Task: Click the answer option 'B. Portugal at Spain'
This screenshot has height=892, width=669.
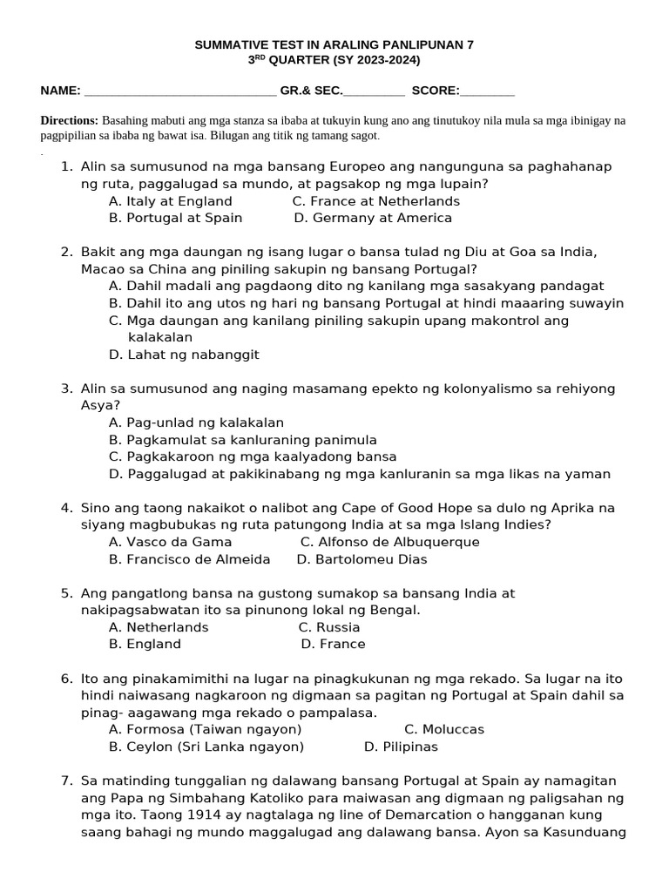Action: pyautogui.click(x=175, y=218)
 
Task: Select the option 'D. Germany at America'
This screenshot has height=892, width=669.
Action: pyautogui.click(x=373, y=218)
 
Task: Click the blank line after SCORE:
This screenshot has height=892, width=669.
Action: pyautogui.click(x=487, y=91)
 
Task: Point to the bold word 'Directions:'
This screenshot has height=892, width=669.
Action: pyautogui.click(x=70, y=120)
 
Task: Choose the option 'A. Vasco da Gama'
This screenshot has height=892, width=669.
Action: pyautogui.click(x=170, y=542)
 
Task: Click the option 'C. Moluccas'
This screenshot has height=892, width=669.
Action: pyautogui.click(x=444, y=729)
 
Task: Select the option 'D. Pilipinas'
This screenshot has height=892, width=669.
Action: pyautogui.click(x=401, y=747)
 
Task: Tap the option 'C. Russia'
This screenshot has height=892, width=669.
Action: pyautogui.click(x=328, y=627)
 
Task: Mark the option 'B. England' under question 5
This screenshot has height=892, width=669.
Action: pyautogui.click(x=145, y=644)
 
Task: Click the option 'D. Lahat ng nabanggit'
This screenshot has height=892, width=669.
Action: pyautogui.click(x=184, y=355)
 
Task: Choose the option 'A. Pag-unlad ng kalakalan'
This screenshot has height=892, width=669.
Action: pyautogui.click(x=196, y=422)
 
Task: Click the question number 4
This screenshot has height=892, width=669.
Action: pyautogui.click(x=66, y=508)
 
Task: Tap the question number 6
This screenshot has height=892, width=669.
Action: pyautogui.click(x=66, y=679)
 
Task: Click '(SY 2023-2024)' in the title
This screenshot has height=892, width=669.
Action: pyautogui.click(x=376, y=60)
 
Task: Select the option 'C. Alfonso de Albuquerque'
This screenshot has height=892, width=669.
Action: pyautogui.click(x=389, y=542)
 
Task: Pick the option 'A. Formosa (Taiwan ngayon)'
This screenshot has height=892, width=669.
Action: pyautogui.click(x=205, y=729)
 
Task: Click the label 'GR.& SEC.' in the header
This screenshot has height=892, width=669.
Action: pyautogui.click(x=312, y=91)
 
